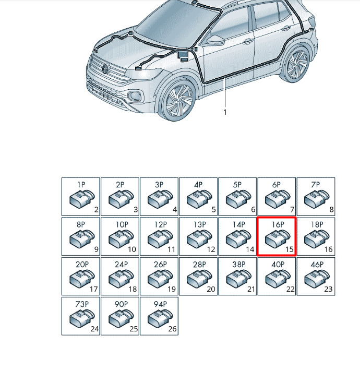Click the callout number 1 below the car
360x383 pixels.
pos(225,112)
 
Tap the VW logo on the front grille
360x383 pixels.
pos(105,69)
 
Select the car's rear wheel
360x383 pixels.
pos(296,64)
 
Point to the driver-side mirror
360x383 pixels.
pos(215,40)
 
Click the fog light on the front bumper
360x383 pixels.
pos(134,95)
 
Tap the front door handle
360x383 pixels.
pos(247,42)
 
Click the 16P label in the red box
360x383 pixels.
pos(278,224)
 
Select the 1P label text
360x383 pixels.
pos(81,185)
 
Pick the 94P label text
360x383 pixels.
pos(160,304)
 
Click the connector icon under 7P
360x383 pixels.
pos(317,199)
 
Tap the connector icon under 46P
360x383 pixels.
pos(317,279)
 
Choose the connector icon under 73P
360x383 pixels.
pos(82,318)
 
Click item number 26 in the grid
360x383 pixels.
pos(172,329)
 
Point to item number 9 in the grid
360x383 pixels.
pos(96,249)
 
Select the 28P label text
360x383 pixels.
pos(199,264)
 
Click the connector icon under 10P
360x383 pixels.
pos(121,238)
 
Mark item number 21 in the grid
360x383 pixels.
pos(251,289)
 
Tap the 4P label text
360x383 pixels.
pos(198,185)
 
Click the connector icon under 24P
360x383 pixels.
pos(121,279)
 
